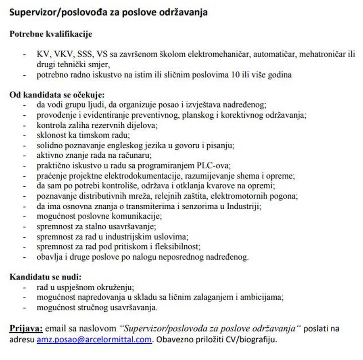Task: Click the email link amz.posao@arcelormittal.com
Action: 94,339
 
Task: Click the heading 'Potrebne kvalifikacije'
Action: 51,34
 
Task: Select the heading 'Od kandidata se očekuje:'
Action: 57,95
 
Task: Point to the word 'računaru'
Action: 138,155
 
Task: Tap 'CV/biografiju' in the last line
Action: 255,339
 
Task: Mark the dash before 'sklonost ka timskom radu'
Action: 25,135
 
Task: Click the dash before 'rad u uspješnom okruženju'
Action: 25,287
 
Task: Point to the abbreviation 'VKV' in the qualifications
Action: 61,54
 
